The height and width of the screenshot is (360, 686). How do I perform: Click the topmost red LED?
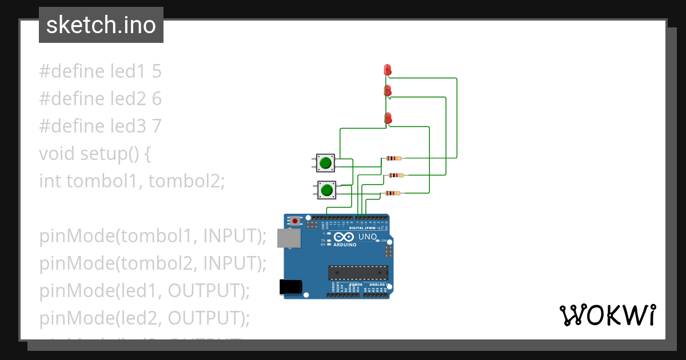(x=388, y=70)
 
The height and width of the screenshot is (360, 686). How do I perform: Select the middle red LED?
(x=388, y=90)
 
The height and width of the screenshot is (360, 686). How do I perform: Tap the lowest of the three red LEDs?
(x=388, y=118)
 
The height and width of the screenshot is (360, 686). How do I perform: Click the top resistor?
(x=394, y=158)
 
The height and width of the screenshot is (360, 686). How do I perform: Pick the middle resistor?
(x=396, y=175)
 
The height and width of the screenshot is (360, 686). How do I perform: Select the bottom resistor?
(x=392, y=193)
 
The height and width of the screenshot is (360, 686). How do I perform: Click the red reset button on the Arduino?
(x=294, y=221)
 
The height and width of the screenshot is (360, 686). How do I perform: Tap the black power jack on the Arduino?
(x=289, y=287)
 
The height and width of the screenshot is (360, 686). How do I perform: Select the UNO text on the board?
(x=367, y=237)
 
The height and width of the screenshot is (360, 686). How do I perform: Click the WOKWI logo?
(x=607, y=315)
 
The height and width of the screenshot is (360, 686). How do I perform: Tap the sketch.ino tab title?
(x=101, y=25)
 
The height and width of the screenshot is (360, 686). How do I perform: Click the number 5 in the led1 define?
(x=157, y=71)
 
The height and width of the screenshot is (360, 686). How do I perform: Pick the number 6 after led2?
(x=157, y=99)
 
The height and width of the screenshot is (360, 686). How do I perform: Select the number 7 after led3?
(x=157, y=126)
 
